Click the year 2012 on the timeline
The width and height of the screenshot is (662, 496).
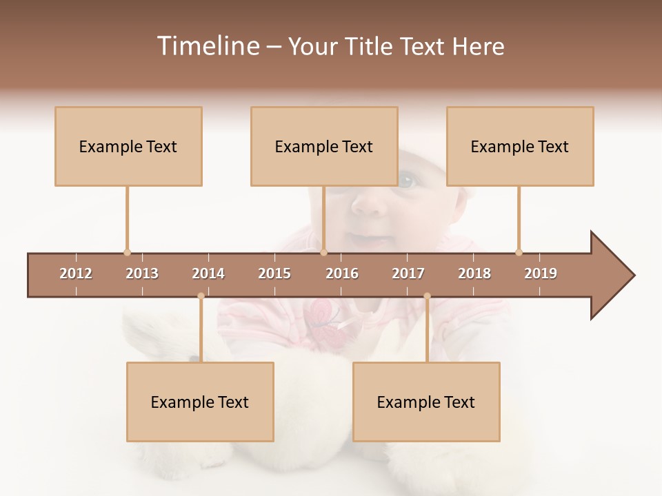pyautogui.click(x=76, y=273)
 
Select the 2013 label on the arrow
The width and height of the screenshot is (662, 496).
pyautogui.click(x=142, y=273)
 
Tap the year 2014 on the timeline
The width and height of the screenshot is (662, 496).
pyautogui.click(x=208, y=273)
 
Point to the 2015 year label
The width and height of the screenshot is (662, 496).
pyautogui.click(x=274, y=273)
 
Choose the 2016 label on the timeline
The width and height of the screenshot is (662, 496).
pyautogui.click(x=342, y=273)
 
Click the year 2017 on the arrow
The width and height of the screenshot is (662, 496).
pyautogui.click(x=408, y=273)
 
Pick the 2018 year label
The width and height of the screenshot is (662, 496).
pyautogui.click(x=474, y=273)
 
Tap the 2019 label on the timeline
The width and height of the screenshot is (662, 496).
pyautogui.click(x=541, y=273)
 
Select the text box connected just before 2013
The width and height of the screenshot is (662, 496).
pyautogui.click(x=128, y=146)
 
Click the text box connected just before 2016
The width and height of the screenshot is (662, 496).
pyautogui.click(x=324, y=146)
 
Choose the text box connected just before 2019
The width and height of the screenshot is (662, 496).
pyautogui.click(x=520, y=146)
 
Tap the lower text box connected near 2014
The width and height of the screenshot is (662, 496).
pyautogui.click(x=200, y=402)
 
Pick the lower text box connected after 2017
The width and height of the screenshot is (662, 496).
pyautogui.click(x=426, y=402)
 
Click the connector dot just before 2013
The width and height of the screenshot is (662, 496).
pyautogui.click(x=127, y=252)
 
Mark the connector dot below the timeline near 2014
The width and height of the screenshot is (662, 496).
pyautogui.click(x=201, y=296)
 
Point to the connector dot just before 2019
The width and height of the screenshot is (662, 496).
pyautogui.click(x=519, y=252)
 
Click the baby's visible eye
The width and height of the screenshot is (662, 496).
pyautogui.click(x=406, y=181)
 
